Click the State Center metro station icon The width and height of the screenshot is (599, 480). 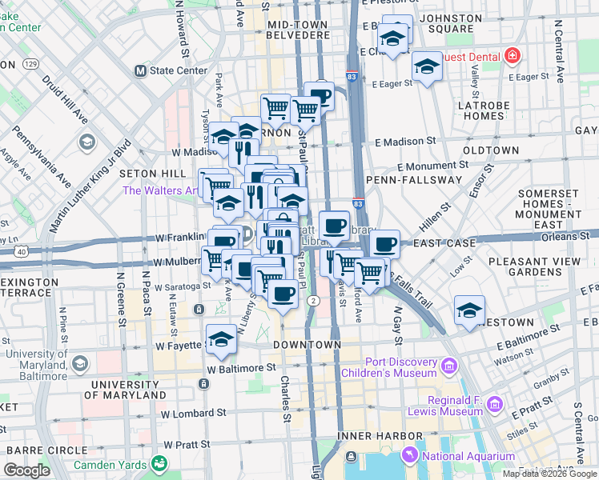point(140,70)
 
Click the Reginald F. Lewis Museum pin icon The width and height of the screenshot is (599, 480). point(494,405)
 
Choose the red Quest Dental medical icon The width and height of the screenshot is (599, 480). point(511,57)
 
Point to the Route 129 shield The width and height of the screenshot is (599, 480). point(31,64)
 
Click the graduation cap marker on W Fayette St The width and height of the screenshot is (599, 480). point(222,338)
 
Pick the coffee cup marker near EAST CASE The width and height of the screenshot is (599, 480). point(384,242)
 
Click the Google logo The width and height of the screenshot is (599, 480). point(26,470)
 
